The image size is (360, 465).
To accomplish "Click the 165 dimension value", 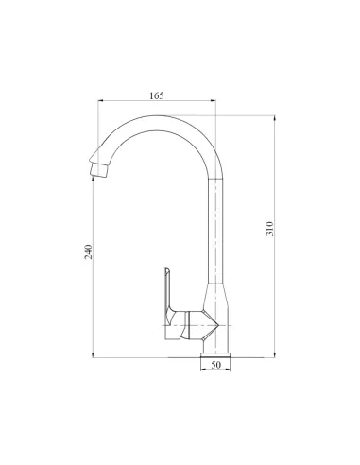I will tap(156, 95).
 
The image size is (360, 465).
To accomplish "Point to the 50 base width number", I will tap(215, 364).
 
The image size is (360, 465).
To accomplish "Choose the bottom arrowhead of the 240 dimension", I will tap(94, 355).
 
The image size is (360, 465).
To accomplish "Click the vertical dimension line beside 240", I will tap(94, 302).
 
